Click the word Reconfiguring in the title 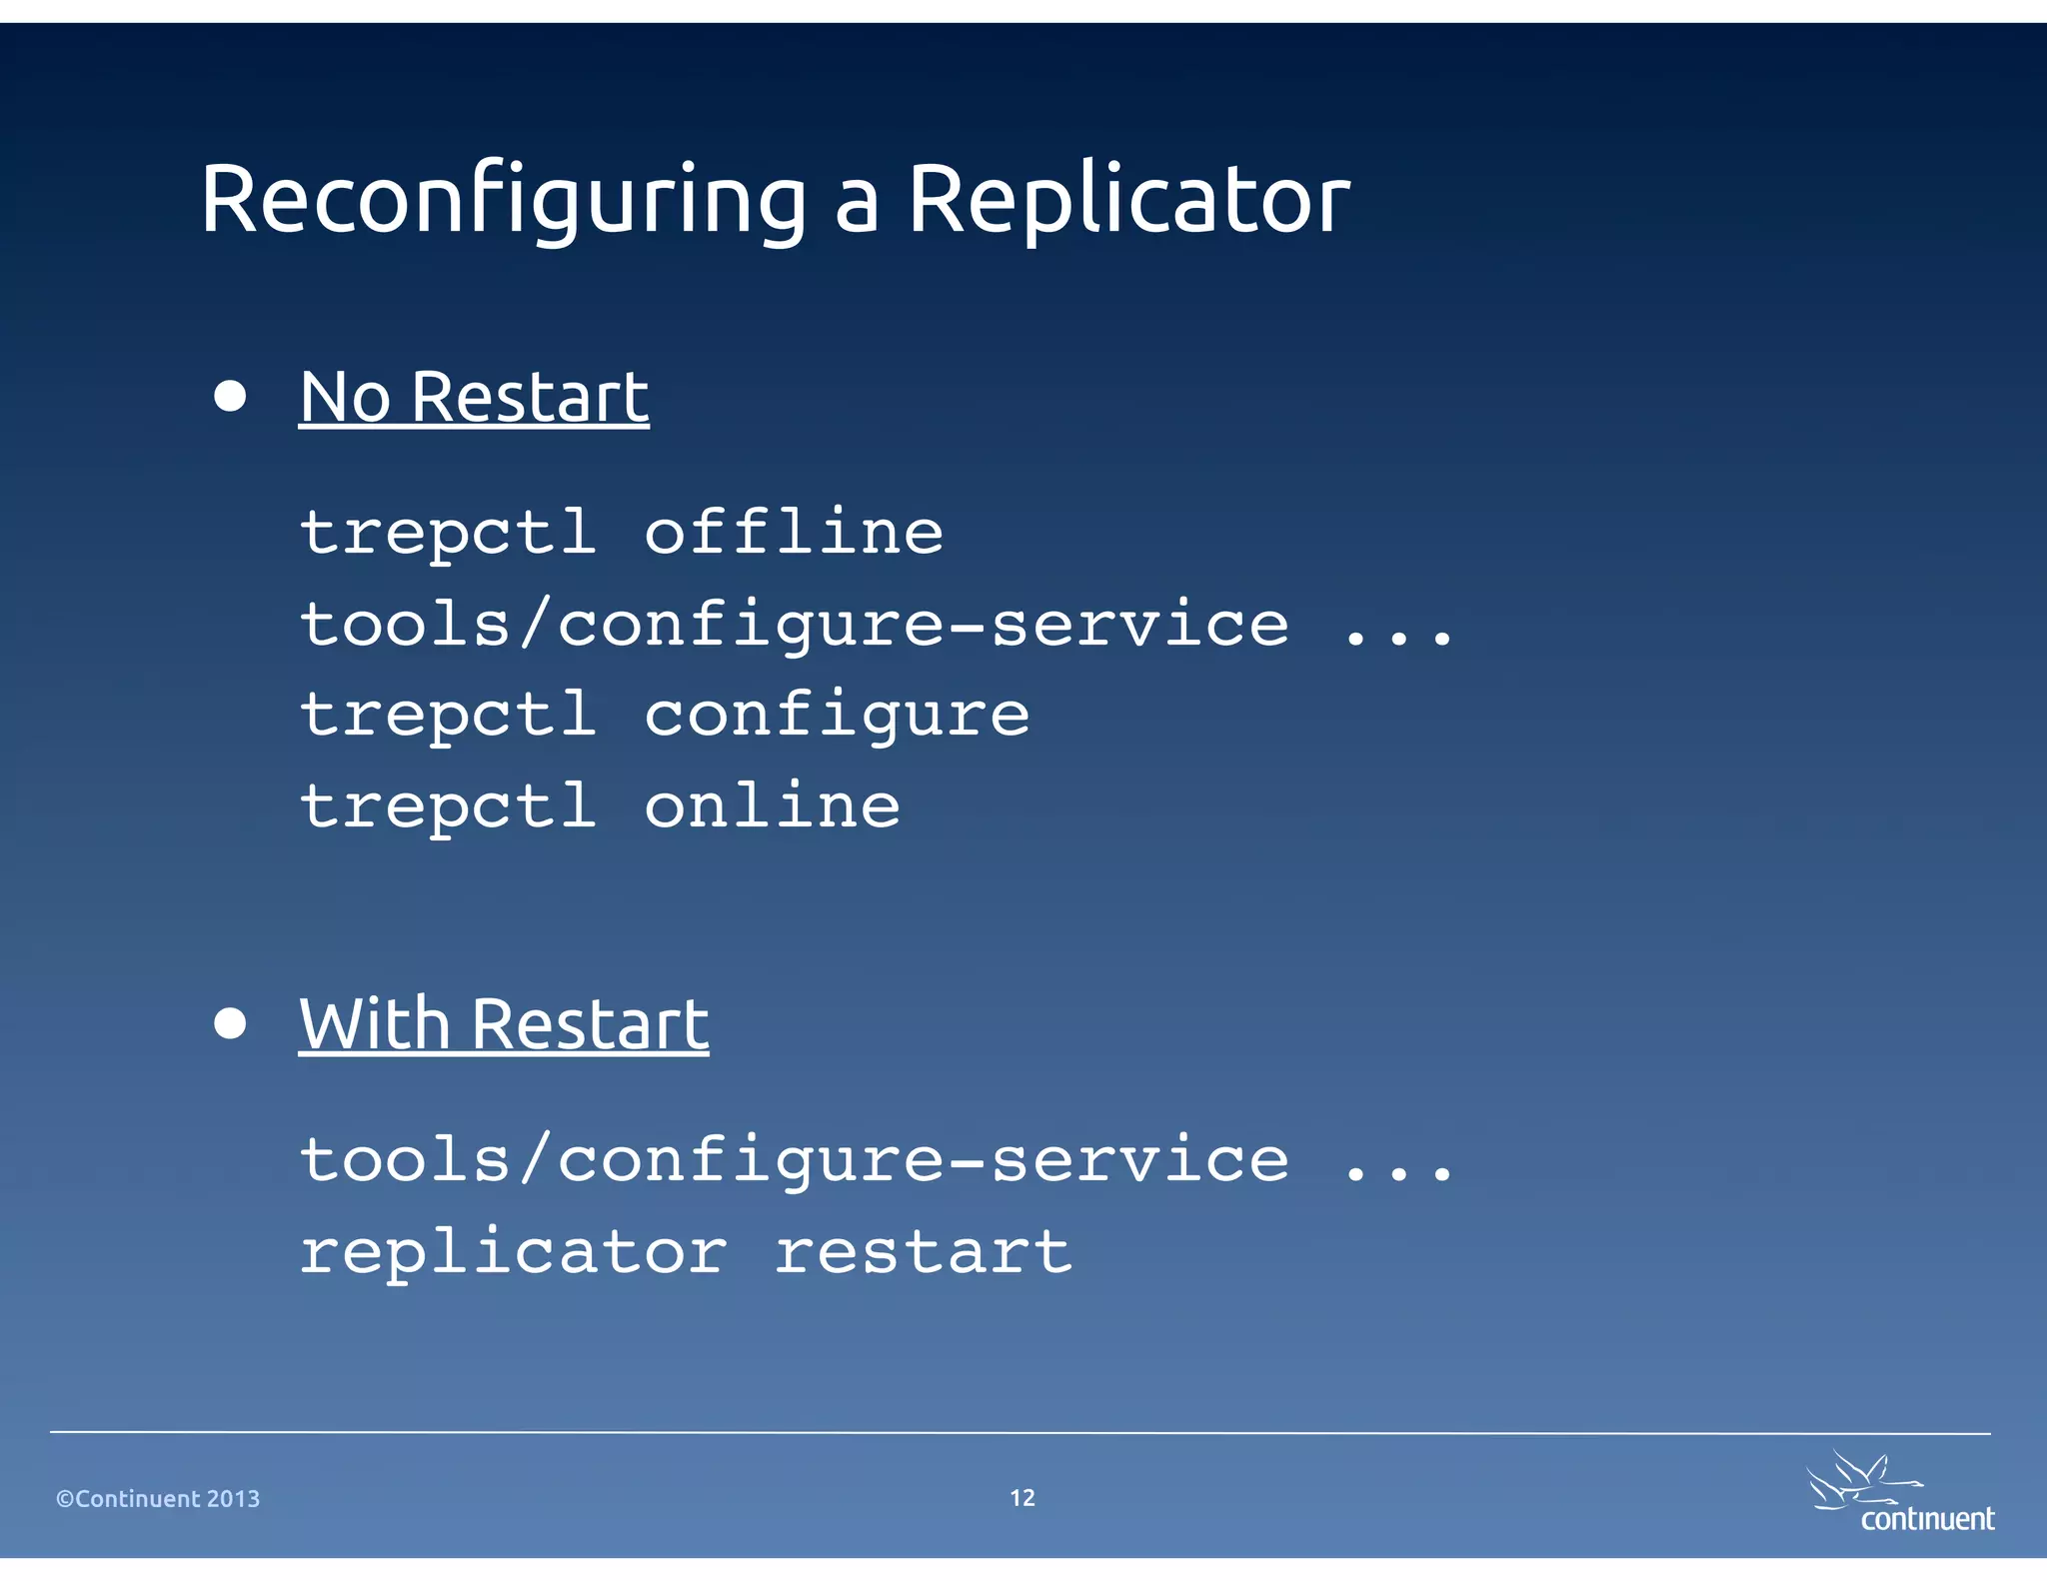[503, 200]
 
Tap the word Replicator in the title [1128, 200]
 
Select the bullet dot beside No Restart [230, 396]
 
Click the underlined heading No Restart [474, 398]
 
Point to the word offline [794, 532]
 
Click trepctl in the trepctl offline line [449, 534]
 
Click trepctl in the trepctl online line [449, 807]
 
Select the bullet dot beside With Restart [230, 1023]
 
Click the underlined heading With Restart [504, 1024]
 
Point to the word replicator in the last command [514, 1253]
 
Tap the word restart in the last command [924, 1251]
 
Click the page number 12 [1023, 1497]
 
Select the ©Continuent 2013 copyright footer [158, 1498]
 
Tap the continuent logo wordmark [1927, 1519]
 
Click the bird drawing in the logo [1859, 1479]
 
